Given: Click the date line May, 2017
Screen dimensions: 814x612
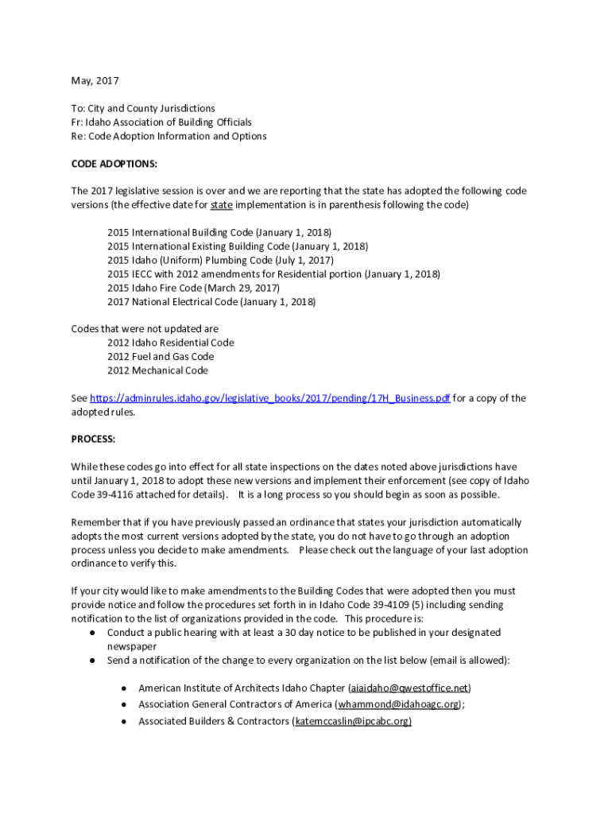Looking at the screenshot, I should tap(95, 80).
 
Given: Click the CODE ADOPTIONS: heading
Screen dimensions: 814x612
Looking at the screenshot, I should tap(114, 164).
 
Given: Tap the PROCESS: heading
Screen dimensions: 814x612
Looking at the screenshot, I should tap(93, 439).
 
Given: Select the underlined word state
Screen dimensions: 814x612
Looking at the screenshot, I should tap(222, 205).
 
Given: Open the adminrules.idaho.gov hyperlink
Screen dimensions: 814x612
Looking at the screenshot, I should tap(270, 398).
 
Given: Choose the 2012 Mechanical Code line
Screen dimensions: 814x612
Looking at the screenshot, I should tap(157, 370).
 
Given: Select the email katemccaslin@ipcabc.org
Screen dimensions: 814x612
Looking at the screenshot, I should tap(352, 721).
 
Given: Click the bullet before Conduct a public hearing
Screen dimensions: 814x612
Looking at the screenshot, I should tap(92, 633).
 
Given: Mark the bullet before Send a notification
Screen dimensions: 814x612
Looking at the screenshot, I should tap(92, 661).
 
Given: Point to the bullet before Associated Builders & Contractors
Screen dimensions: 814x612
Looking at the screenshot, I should tap(124, 721).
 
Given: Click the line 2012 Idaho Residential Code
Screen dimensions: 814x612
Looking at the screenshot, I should tap(170, 343).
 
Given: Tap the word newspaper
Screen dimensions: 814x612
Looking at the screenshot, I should tap(132, 646).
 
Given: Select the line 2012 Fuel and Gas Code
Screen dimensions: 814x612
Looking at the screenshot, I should tap(161, 357).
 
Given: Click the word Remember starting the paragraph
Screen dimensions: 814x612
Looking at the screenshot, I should tap(96, 522).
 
